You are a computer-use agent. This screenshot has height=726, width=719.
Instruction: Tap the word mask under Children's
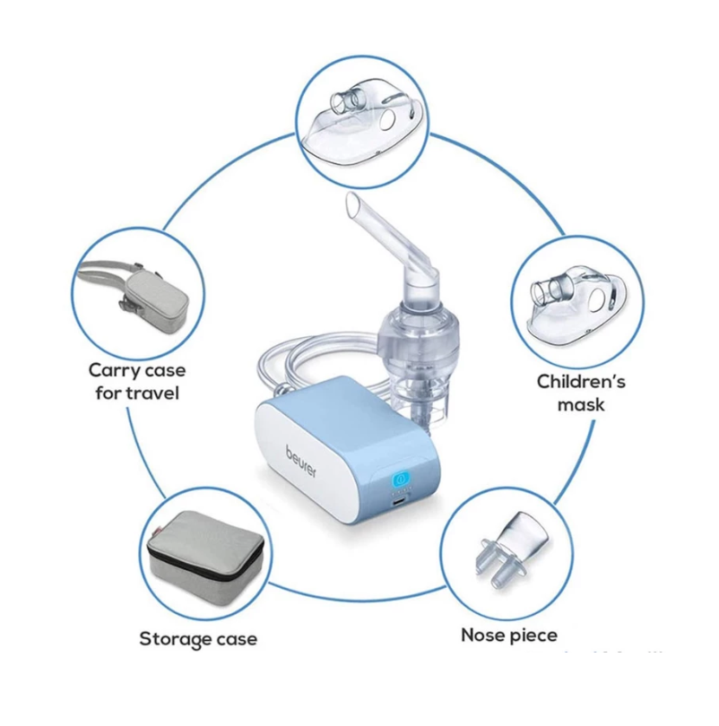click(580, 405)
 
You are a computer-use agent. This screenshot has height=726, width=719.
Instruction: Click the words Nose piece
click(508, 635)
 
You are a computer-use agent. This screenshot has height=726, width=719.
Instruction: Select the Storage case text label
click(197, 639)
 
